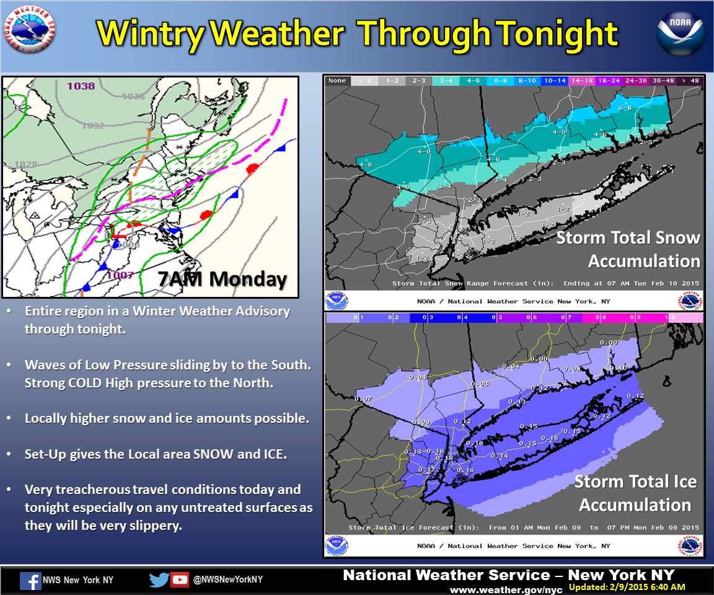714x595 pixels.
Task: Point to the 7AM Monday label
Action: click(x=222, y=278)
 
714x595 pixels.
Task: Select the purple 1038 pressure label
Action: click(x=82, y=86)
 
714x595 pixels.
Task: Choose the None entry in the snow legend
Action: click(x=337, y=81)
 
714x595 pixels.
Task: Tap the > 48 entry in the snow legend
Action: click(x=690, y=81)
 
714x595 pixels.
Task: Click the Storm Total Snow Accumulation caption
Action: click(x=628, y=249)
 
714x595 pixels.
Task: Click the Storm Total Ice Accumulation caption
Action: click(x=635, y=493)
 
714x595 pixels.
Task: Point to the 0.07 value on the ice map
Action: click(x=363, y=398)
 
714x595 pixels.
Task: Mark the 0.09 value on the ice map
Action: click(x=421, y=423)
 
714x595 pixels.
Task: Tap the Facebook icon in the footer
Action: click(x=30, y=580)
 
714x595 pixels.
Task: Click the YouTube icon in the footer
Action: click(x=180, y=580)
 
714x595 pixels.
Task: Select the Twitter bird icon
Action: click(x=159, y=580)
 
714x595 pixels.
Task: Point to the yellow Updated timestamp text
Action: click(x=627, y=587)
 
